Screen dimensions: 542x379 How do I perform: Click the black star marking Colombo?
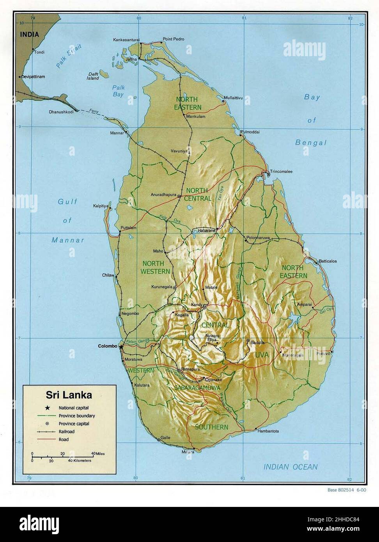[121, 346]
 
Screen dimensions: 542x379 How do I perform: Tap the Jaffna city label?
[131, 59]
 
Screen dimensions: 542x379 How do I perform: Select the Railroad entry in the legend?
[66, 432]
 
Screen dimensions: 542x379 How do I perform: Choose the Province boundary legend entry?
[76, 416]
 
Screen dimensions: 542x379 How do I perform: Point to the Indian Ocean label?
[290, 467]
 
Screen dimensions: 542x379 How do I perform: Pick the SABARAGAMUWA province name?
[194, 388]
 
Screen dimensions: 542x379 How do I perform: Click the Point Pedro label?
[174, 39]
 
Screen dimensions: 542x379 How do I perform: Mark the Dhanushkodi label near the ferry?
[61, 112]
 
